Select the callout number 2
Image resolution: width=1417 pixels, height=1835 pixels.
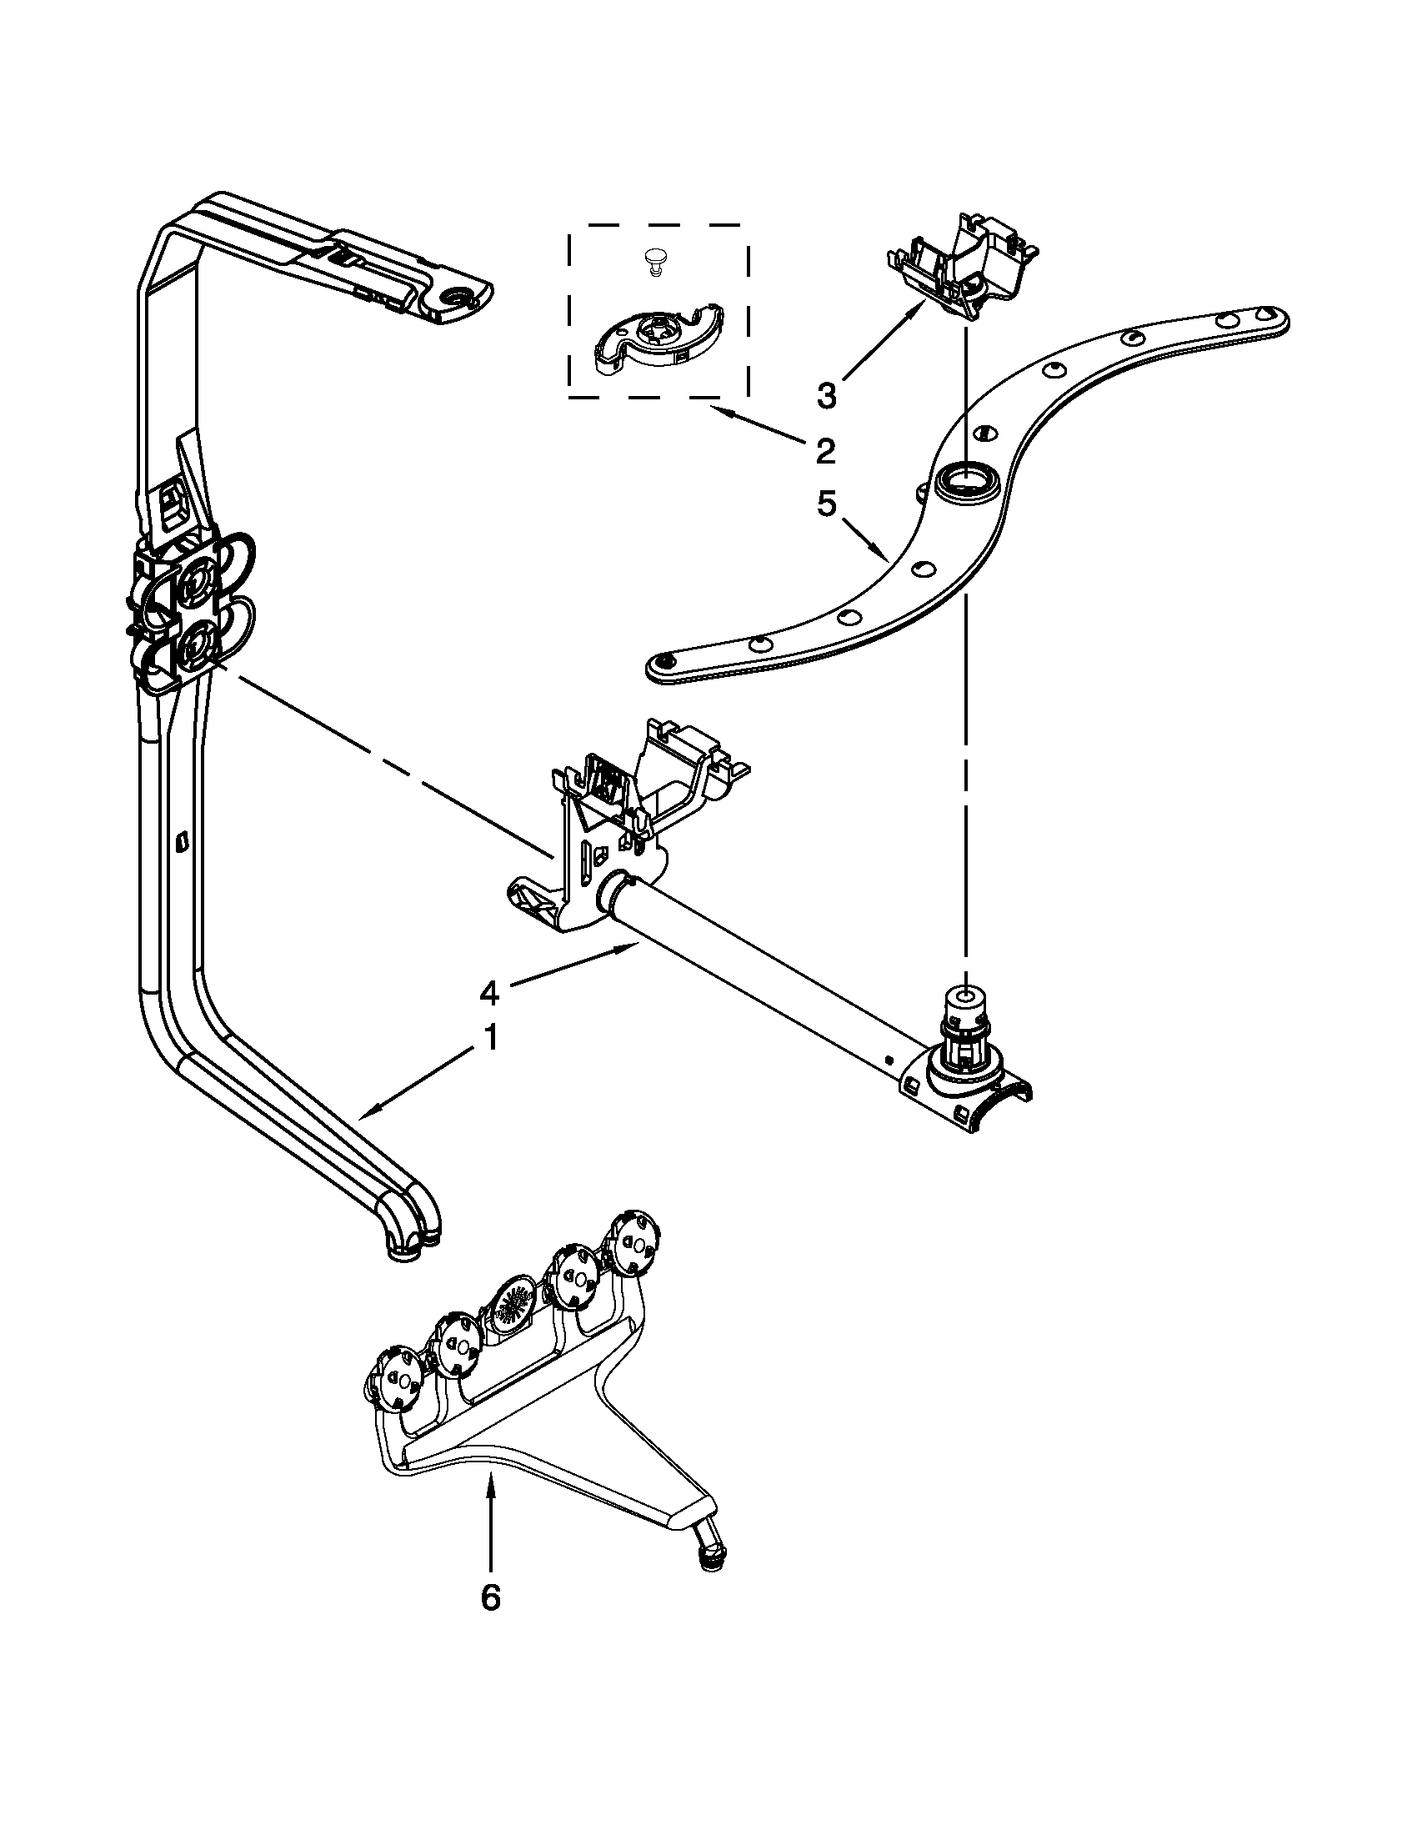826,451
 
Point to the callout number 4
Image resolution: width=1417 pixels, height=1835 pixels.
488,993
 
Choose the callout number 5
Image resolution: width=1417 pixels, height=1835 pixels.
827,504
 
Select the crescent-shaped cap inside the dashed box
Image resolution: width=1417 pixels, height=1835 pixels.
659,334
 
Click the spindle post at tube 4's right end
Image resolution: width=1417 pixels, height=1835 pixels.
964,1031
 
